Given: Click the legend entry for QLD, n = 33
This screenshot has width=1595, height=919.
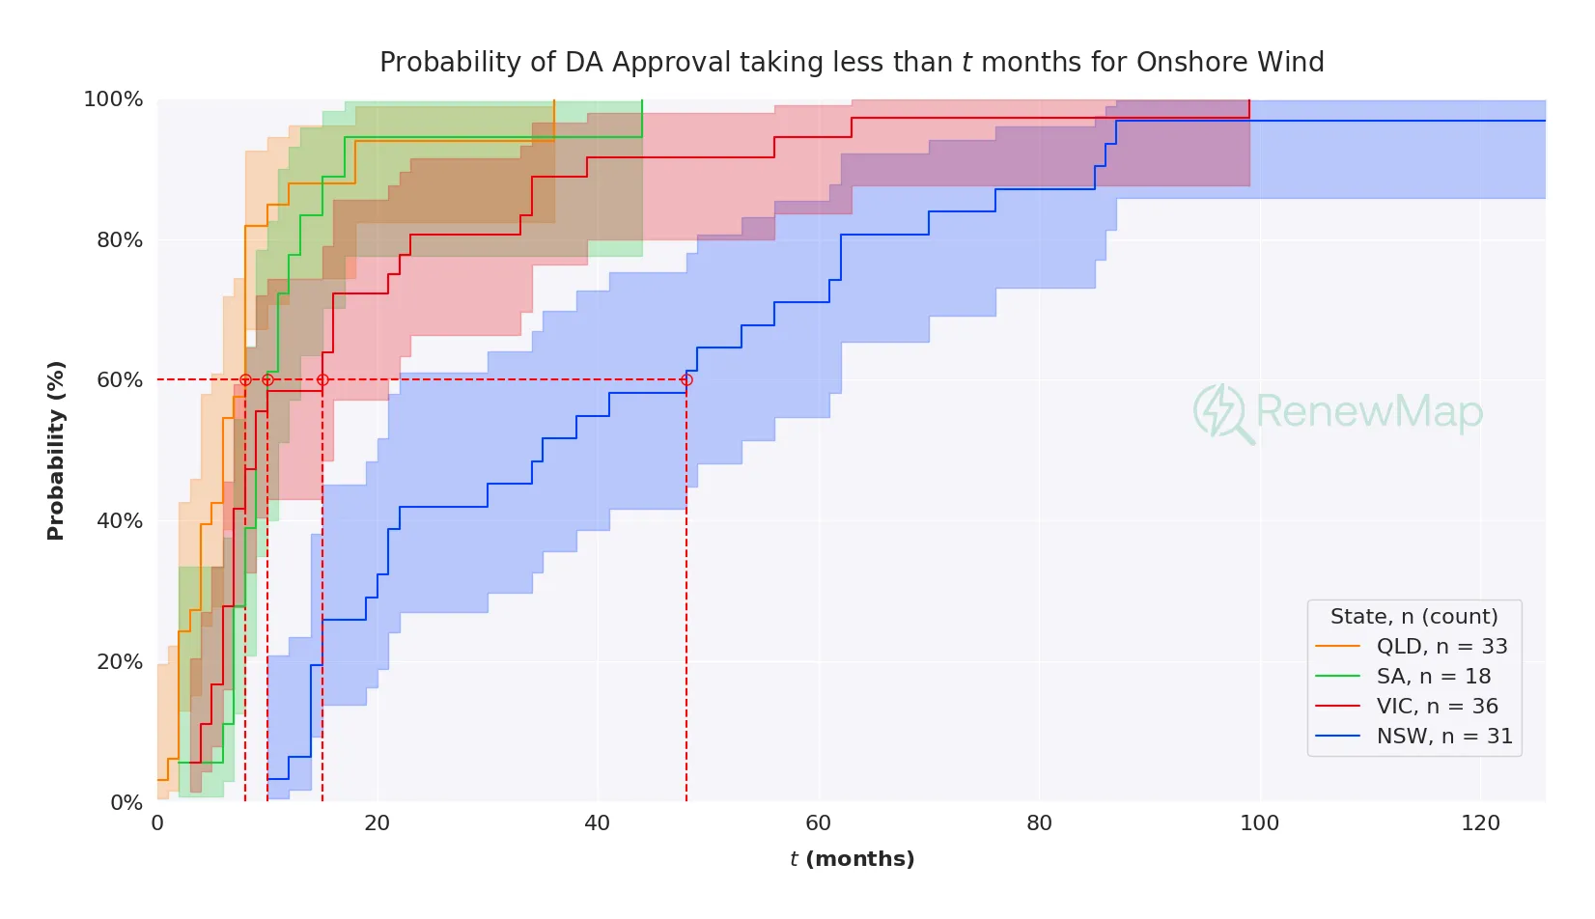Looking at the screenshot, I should (x=1441, y=647).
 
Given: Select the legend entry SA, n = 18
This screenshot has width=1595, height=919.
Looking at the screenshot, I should (x=1433, y=677).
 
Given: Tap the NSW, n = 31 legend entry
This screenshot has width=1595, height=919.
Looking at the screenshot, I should (x=1443, y=737).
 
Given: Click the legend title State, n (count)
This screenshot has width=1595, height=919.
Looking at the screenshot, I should (x=1413, y=617).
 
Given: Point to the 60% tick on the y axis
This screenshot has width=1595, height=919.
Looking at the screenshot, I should (x=120, y=380).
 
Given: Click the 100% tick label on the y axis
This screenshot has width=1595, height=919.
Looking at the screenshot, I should (x=113, y=99).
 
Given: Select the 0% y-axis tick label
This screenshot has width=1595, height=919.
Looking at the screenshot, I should (x=126, y=802).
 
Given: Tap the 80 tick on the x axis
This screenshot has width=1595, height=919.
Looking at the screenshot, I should (x=1039, y=823).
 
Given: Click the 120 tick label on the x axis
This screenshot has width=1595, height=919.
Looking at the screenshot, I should (x=1480, y=823).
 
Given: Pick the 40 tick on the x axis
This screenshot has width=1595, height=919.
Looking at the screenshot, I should (x=598, y=823).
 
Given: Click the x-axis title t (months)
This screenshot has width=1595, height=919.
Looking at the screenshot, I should (x=852, y=859).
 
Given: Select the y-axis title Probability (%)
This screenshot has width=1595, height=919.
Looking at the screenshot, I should (x=56, y=450).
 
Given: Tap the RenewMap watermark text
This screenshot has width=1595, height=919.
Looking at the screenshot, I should (x=1368, y=412).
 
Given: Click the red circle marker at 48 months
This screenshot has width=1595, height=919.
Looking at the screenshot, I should (x=686, y=380).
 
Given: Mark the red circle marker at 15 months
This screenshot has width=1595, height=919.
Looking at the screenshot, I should (x=322, y=380).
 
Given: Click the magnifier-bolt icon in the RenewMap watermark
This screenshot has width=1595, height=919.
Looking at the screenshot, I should (x=1220, y=413).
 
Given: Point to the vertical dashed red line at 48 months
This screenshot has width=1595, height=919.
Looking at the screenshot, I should (x=686, y=599).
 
